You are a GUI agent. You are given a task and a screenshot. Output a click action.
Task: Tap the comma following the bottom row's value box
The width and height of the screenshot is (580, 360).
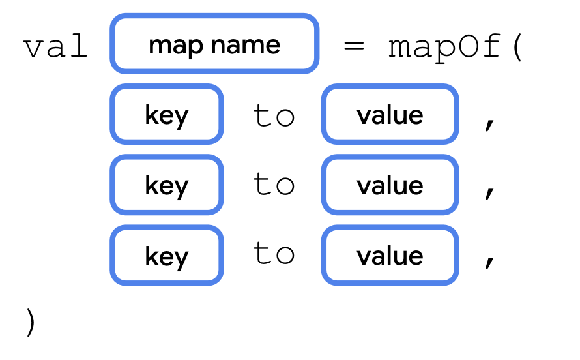point(489,262)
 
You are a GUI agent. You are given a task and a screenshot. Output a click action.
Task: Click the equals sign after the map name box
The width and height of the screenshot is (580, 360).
point(354,46)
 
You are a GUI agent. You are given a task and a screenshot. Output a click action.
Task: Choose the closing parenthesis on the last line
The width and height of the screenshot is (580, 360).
point(31,322)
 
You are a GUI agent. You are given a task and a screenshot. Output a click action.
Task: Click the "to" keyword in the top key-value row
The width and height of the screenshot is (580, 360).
point(274,115)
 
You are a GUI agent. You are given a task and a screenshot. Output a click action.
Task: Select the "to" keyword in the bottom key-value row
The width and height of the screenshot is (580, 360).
point(274,252)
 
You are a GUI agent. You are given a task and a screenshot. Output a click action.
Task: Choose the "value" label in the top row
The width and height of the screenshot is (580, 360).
point(390,115)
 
